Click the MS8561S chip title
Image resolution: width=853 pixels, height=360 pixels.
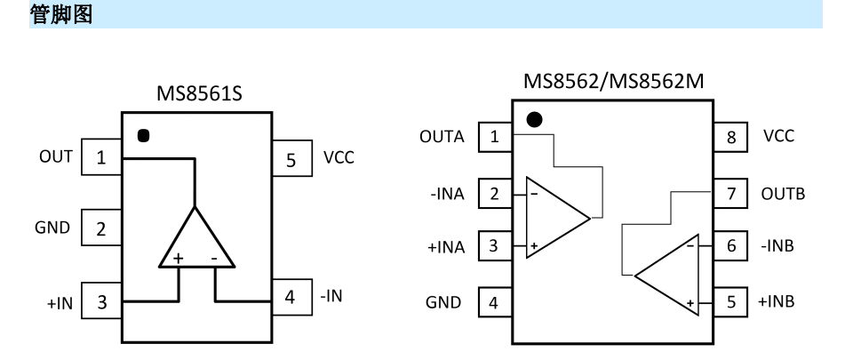(199, 93)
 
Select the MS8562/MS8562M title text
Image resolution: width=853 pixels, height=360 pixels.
(613, 81)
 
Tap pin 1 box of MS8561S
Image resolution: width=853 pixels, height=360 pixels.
(101, 157)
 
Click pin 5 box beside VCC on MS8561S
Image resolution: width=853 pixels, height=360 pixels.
(292, 158)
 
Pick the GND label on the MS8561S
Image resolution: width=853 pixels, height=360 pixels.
(52, 228)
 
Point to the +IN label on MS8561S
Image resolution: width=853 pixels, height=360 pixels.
(60, 303)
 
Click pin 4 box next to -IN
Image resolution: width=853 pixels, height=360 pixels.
(292, 297)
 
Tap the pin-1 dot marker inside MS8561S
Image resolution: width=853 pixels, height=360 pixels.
(143, 135)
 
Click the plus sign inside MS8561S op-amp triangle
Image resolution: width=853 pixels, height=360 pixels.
(178, 258)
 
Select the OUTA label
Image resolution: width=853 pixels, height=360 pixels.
(442, 137)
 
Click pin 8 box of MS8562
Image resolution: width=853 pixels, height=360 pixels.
(730, 137)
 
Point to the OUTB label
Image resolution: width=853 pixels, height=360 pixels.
(783, 194)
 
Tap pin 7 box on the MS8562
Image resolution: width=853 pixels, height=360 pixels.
(730, 193)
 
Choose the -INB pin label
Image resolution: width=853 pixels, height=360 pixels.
(777, 246)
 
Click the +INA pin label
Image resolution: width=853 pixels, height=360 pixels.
(446, 247)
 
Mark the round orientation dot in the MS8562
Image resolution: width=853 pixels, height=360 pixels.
(535, 120)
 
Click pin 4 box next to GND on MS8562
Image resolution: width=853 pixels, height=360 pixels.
(495, 302)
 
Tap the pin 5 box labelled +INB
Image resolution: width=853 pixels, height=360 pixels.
(730, 301)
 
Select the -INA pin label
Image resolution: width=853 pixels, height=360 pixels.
(447, 194)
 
